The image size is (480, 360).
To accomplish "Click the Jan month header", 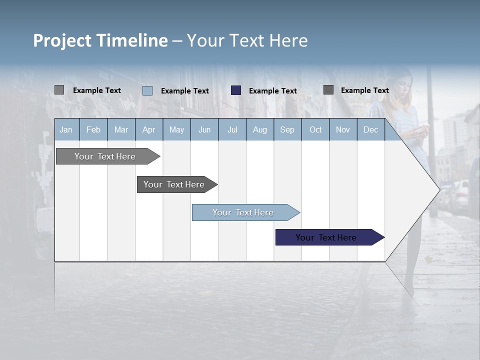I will coord(66,129).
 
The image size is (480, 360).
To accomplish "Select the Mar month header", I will coord(121,129).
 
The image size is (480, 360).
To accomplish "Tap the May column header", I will coord(176,129).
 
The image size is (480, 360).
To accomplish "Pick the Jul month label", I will coord(232,129).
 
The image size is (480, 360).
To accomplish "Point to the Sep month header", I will coord(287,129).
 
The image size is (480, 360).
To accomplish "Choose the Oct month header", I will coord(315,129).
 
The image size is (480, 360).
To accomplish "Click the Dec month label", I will coord(370,129).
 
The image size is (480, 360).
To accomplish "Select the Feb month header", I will coord(93,129).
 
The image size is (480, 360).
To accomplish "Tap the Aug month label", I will coord(259,129).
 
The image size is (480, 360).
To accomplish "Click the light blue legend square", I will coord(147,90).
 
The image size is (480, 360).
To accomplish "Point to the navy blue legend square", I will coord(236,90).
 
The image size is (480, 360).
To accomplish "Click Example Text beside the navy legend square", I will coord(272,91).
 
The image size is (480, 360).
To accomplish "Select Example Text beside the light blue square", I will coord(184,91).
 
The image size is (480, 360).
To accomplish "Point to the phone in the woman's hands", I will coord(424,127).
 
